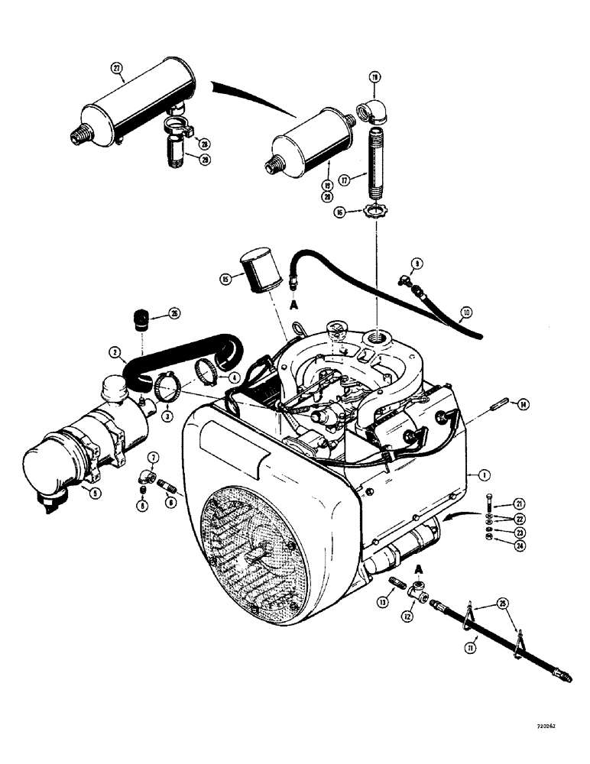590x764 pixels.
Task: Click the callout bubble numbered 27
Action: [117, 68]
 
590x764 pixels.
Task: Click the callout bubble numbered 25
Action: [501, 604]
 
